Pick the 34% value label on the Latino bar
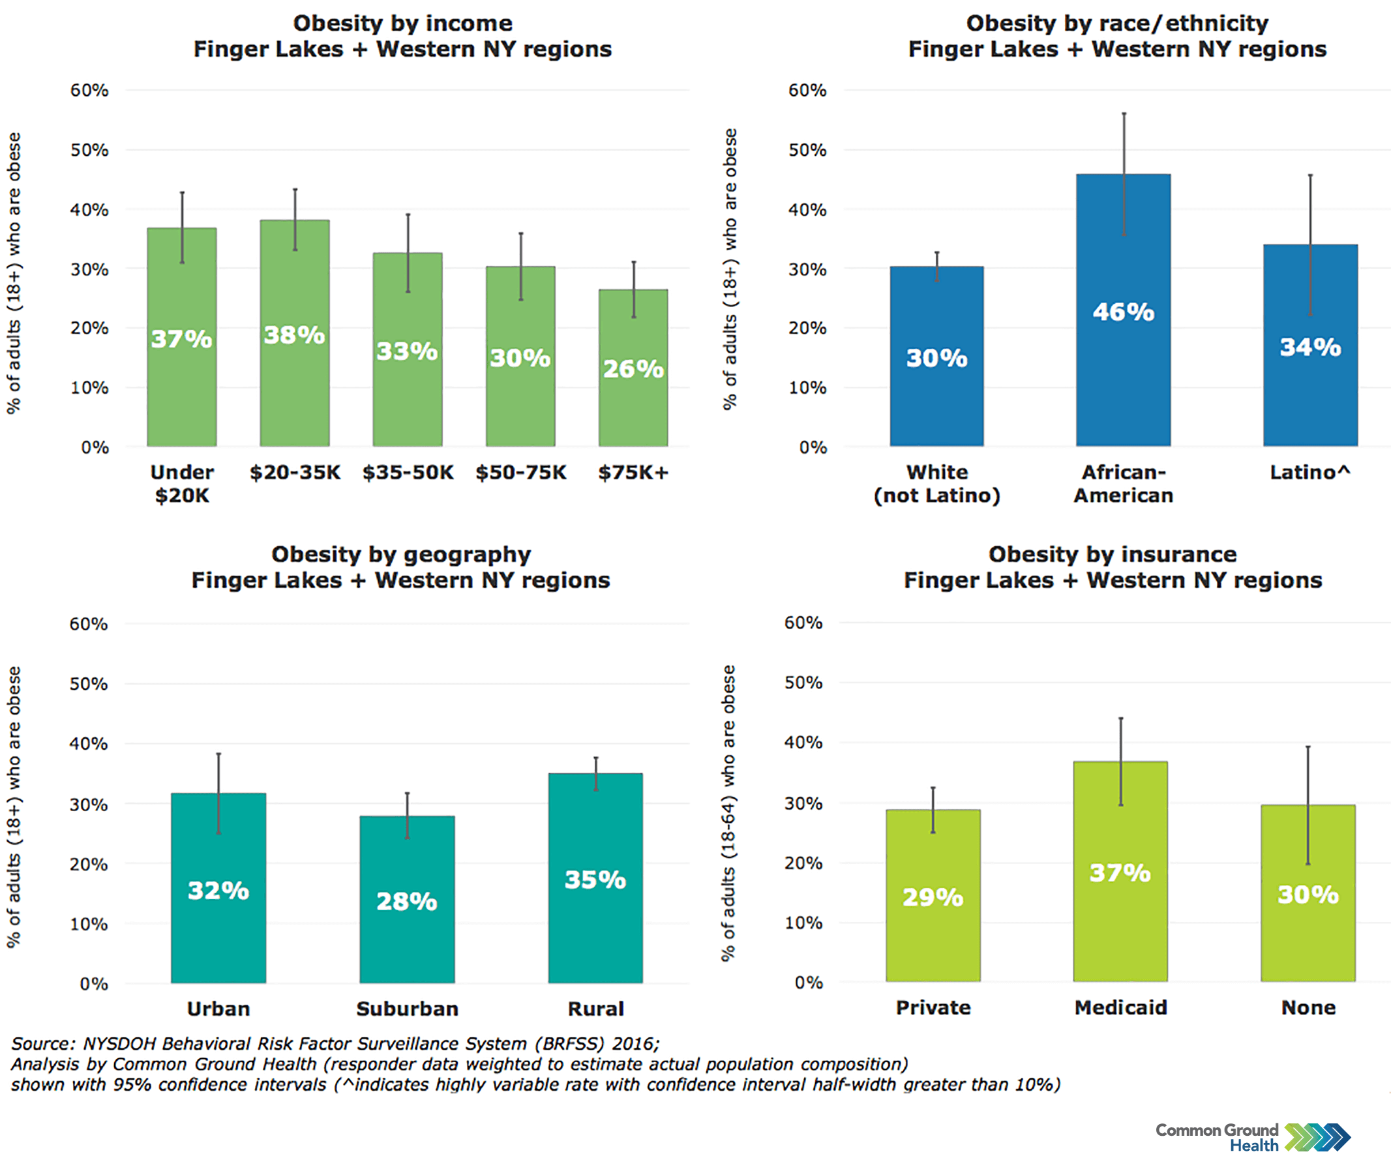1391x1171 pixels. tap(1310, 347)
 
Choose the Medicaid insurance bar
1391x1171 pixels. tap(1120, 929)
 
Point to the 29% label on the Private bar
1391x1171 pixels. tap(932, 898)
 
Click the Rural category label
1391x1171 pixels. tap(595, 1009)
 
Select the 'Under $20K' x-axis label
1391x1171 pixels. tap(182, 484)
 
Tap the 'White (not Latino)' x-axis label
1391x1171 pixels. tap(937, 484)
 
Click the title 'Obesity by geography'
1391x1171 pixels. tap(401, 554)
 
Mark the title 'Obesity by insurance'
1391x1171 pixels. tap(1112, 554)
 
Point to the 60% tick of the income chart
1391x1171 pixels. tap(89, 90)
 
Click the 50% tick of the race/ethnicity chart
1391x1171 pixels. tap(807, 150)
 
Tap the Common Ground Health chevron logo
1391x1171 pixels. tap(1317, 1137)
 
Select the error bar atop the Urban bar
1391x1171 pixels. tap(218, 793)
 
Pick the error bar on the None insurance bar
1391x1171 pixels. tap(1308, 805)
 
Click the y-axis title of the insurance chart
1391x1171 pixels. tap(728, 813)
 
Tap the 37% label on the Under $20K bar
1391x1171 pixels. tap(181, 339)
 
